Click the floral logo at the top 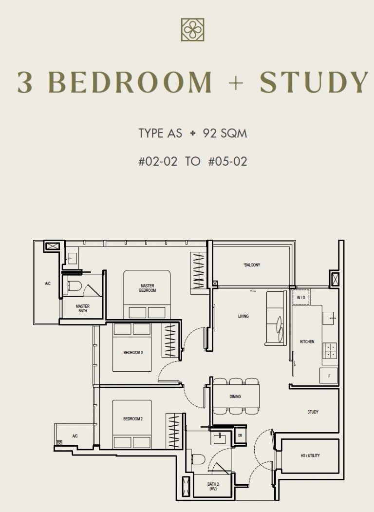coord(192,30)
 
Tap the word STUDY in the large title coord(314,83)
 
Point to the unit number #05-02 coord(227,161)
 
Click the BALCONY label coord(252,265)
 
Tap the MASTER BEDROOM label coord(148,288)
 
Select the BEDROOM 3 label coord(133,352)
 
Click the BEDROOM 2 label coord(132,418)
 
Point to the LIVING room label coord(243,316)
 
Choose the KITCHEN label coord(307,341)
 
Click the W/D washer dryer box coord(301,297)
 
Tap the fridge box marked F coord(329,376)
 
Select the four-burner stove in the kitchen coord(330,351)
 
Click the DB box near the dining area coord(240,436)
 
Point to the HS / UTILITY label coord(310,455)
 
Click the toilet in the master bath coord(75,285)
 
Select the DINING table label coord(235,397)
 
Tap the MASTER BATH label coord(82,308)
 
